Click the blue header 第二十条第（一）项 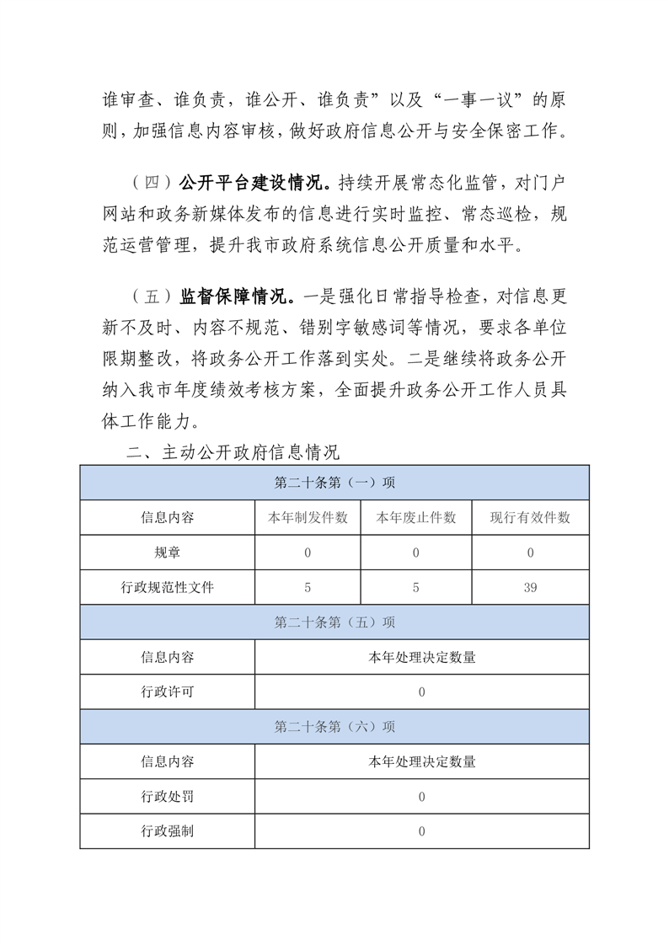click(334, 483)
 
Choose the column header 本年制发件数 click(308, 518)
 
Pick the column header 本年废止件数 click(416, 518)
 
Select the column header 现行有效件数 click(530, 518)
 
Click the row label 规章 click(167, 553)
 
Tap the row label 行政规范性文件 click(167, 587)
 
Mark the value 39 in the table click(530, 587)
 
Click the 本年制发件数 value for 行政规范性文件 click(308, 587)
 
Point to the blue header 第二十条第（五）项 click(334, 622)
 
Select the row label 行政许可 click(167, 691)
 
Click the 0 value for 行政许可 click(421, 691)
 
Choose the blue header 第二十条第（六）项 click(334, 726)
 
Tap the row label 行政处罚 click(167, 796)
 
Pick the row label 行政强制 click(167, 830)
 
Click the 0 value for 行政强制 click(421, 830)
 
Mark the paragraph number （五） click(152, 296)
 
